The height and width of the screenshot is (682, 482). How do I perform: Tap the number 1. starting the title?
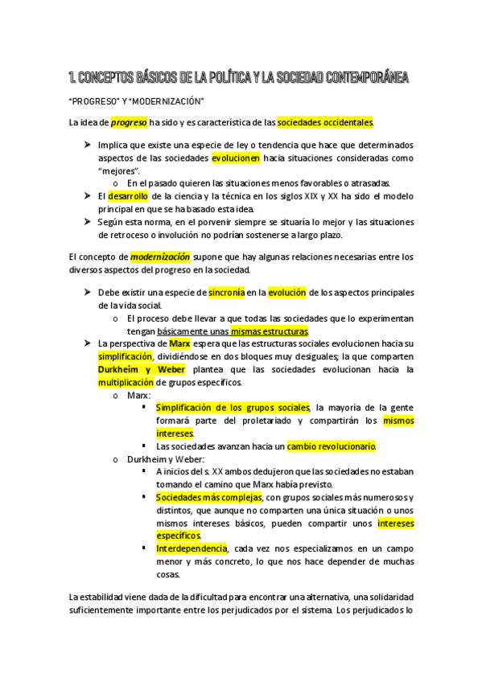[74, 78]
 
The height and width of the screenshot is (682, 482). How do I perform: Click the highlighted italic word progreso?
[129, 123]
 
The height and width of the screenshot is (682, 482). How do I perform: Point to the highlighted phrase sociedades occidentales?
[325, 123]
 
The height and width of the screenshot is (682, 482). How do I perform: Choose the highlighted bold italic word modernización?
[160, 257]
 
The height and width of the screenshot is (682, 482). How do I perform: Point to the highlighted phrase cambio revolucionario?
[332, 446]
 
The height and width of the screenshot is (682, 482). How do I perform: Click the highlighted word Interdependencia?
[192, 548]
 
